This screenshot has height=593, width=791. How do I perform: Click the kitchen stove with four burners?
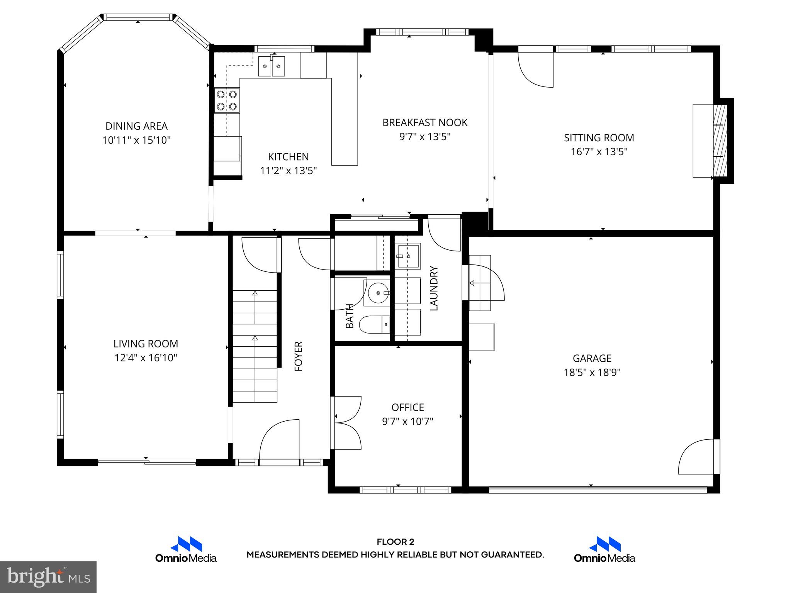pyautogui.click(x=227, y=100)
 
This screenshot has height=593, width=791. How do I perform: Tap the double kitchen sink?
pyautogui.click(x=272, y=66)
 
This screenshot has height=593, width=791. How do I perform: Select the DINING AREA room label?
pyautogui.click(x=136, y=126)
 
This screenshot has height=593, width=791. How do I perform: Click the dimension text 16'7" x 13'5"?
pyautogui.click(x=599, y=152)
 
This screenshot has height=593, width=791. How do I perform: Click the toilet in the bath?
pyautogui.click(x=375, y=324)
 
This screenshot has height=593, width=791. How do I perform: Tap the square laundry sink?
pyautogui.click(x=407, y=256)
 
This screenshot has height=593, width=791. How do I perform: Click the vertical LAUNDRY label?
pyautogui.click(x=434, y=288)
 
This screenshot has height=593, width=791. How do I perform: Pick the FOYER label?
pyautogui.click(x=299, y=356)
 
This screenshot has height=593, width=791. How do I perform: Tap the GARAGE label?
pyautogui.click(x=592, y=358)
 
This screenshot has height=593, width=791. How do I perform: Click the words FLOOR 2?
pyautogui.click(x=395, y=542)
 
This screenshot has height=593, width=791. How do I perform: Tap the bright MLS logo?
pyautogui.click(x=48, y=577)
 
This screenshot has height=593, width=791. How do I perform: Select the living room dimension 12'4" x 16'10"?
pyautogui.click(x=146, y=358)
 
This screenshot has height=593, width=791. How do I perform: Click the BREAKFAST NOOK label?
pyautogui.click(x=425, y=123)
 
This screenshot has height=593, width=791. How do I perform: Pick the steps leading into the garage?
pyautogui.click(x=480, y=283)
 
